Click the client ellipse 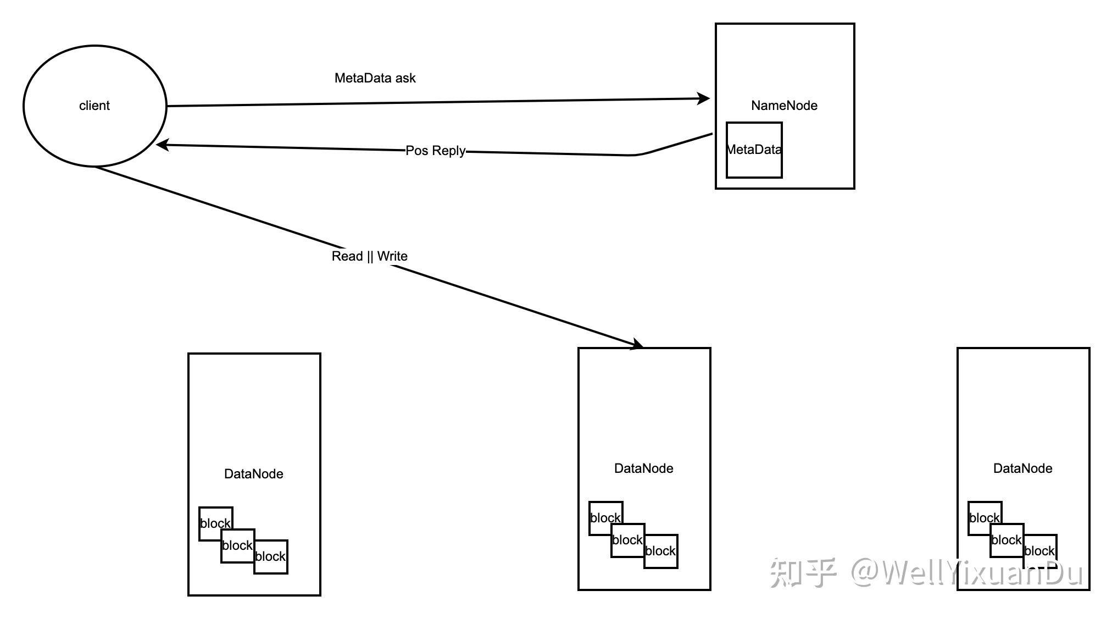(94, 106)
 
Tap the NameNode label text (784, 106)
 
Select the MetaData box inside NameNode (754, 150)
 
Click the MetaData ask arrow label (375, 78)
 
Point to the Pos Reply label (435, 151)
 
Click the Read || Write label (369, 256)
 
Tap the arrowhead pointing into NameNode (704, 98)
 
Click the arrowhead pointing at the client (162, 145)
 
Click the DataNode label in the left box (253, 474)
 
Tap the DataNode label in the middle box (643, 468)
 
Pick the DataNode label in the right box (1022, 468)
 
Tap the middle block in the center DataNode (627, 540)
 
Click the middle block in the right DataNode (1007, 540)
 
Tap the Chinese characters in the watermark (803, 573)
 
